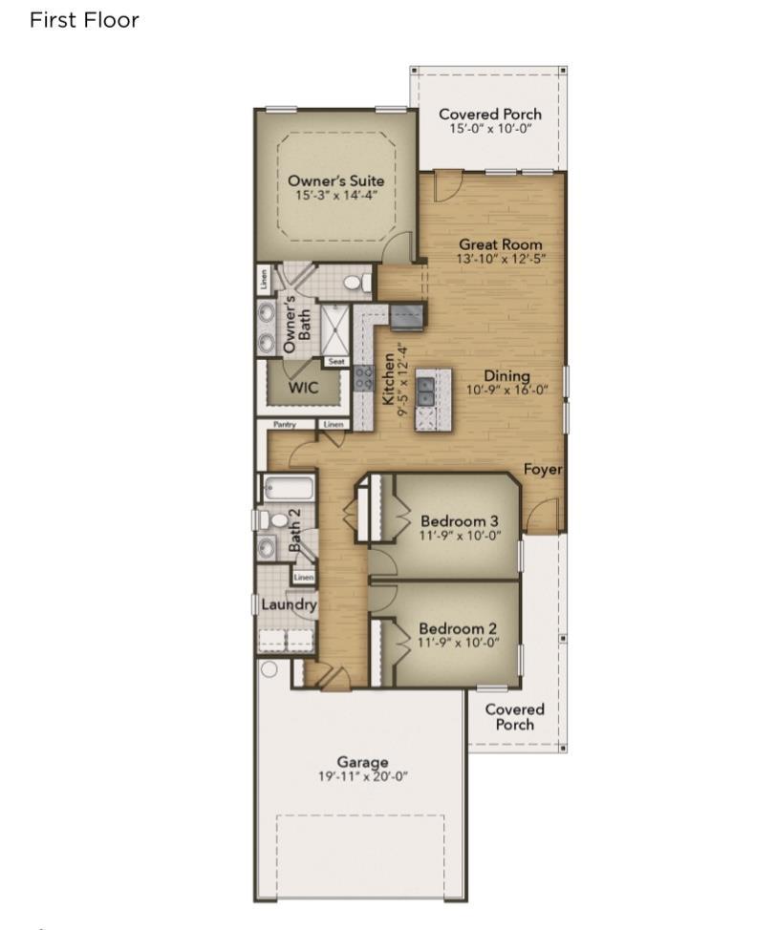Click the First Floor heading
(x=84, y=20)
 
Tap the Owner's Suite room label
(x=335, y=180)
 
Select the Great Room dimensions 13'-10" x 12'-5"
(x=501, y=259)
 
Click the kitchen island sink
(x=425, y=391)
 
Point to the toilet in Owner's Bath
(x=355, y=283)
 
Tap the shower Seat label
(x=336, y=361)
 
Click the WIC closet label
(x=303, y=388)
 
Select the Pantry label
(x=285, y=425)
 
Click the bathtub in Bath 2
(x=289, y=489)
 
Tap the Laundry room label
(x=289, y=605)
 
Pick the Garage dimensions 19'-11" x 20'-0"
(x=362, y=776)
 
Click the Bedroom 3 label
(x=460, y=520)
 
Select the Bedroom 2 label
(x=458, y=628)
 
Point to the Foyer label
(x=543, y=469)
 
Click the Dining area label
(x=506, y=375)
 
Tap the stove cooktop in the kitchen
(x=364, y=378)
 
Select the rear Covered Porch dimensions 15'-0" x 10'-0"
(x=490, y=129)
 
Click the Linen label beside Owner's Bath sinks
(x=264, y=279)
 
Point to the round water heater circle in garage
(x=269, y=669)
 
